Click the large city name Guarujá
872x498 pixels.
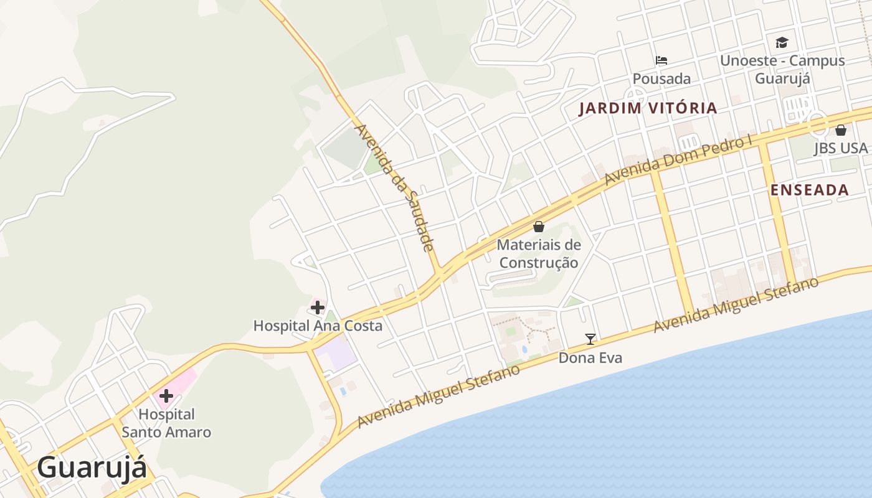[x=92, y=468]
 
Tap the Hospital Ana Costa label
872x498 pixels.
[x=318, y=326]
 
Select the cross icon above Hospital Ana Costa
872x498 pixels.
[x=318, y=307]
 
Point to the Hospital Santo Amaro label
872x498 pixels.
[x=166, y=423]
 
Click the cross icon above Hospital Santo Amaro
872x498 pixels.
[x=166, y=395]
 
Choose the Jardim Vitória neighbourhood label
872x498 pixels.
[x=648, y=108]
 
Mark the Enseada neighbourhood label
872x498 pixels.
[x=810, y=190]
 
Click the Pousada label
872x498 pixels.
[x=661, y=79]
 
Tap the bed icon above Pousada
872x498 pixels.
[x=661, y=60]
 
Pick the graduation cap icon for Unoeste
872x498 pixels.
[x=782, y=42]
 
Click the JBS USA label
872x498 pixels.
[x=840, y=148]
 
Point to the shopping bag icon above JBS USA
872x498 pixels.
[x=840, y=130]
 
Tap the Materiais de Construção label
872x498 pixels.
[x=539, y=253]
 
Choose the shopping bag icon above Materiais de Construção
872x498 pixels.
[x=539, y=227]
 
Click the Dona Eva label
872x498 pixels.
[x=590, y=358]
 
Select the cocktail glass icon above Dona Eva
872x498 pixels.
[x=590, y=339]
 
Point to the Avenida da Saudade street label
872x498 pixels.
[x=395, y=187]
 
